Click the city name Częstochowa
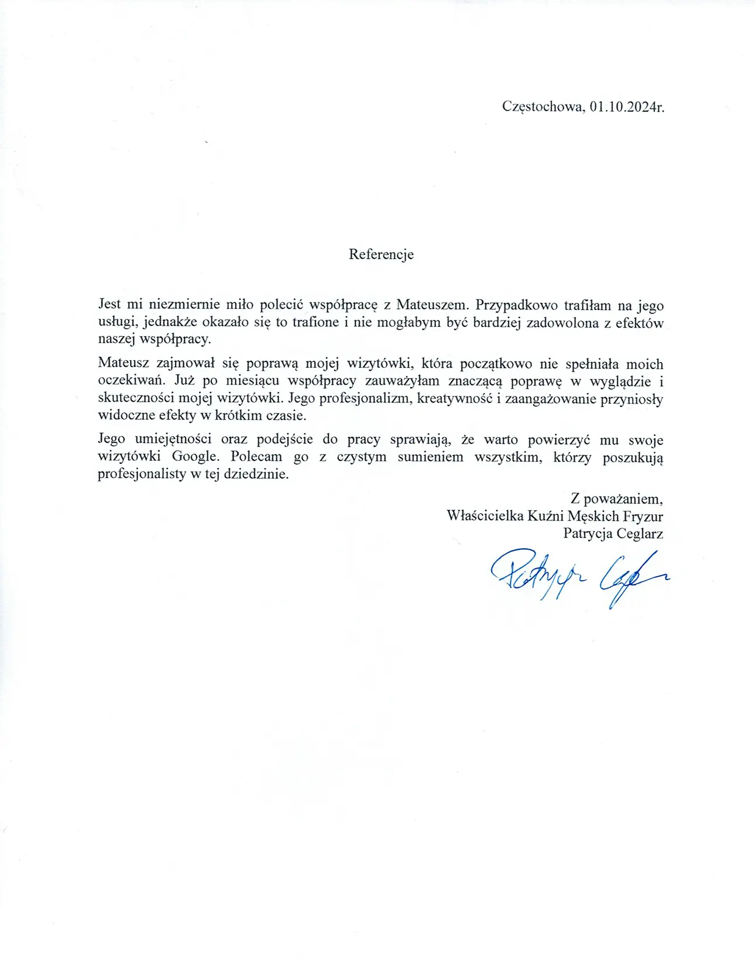pos(542,107)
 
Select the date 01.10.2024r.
pos(627,107)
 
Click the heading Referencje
pos(381,254)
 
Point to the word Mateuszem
pos(433,305)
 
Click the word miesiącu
pos(252,381)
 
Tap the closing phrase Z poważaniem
pos(616,499)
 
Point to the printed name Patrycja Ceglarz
pos(613,533)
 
